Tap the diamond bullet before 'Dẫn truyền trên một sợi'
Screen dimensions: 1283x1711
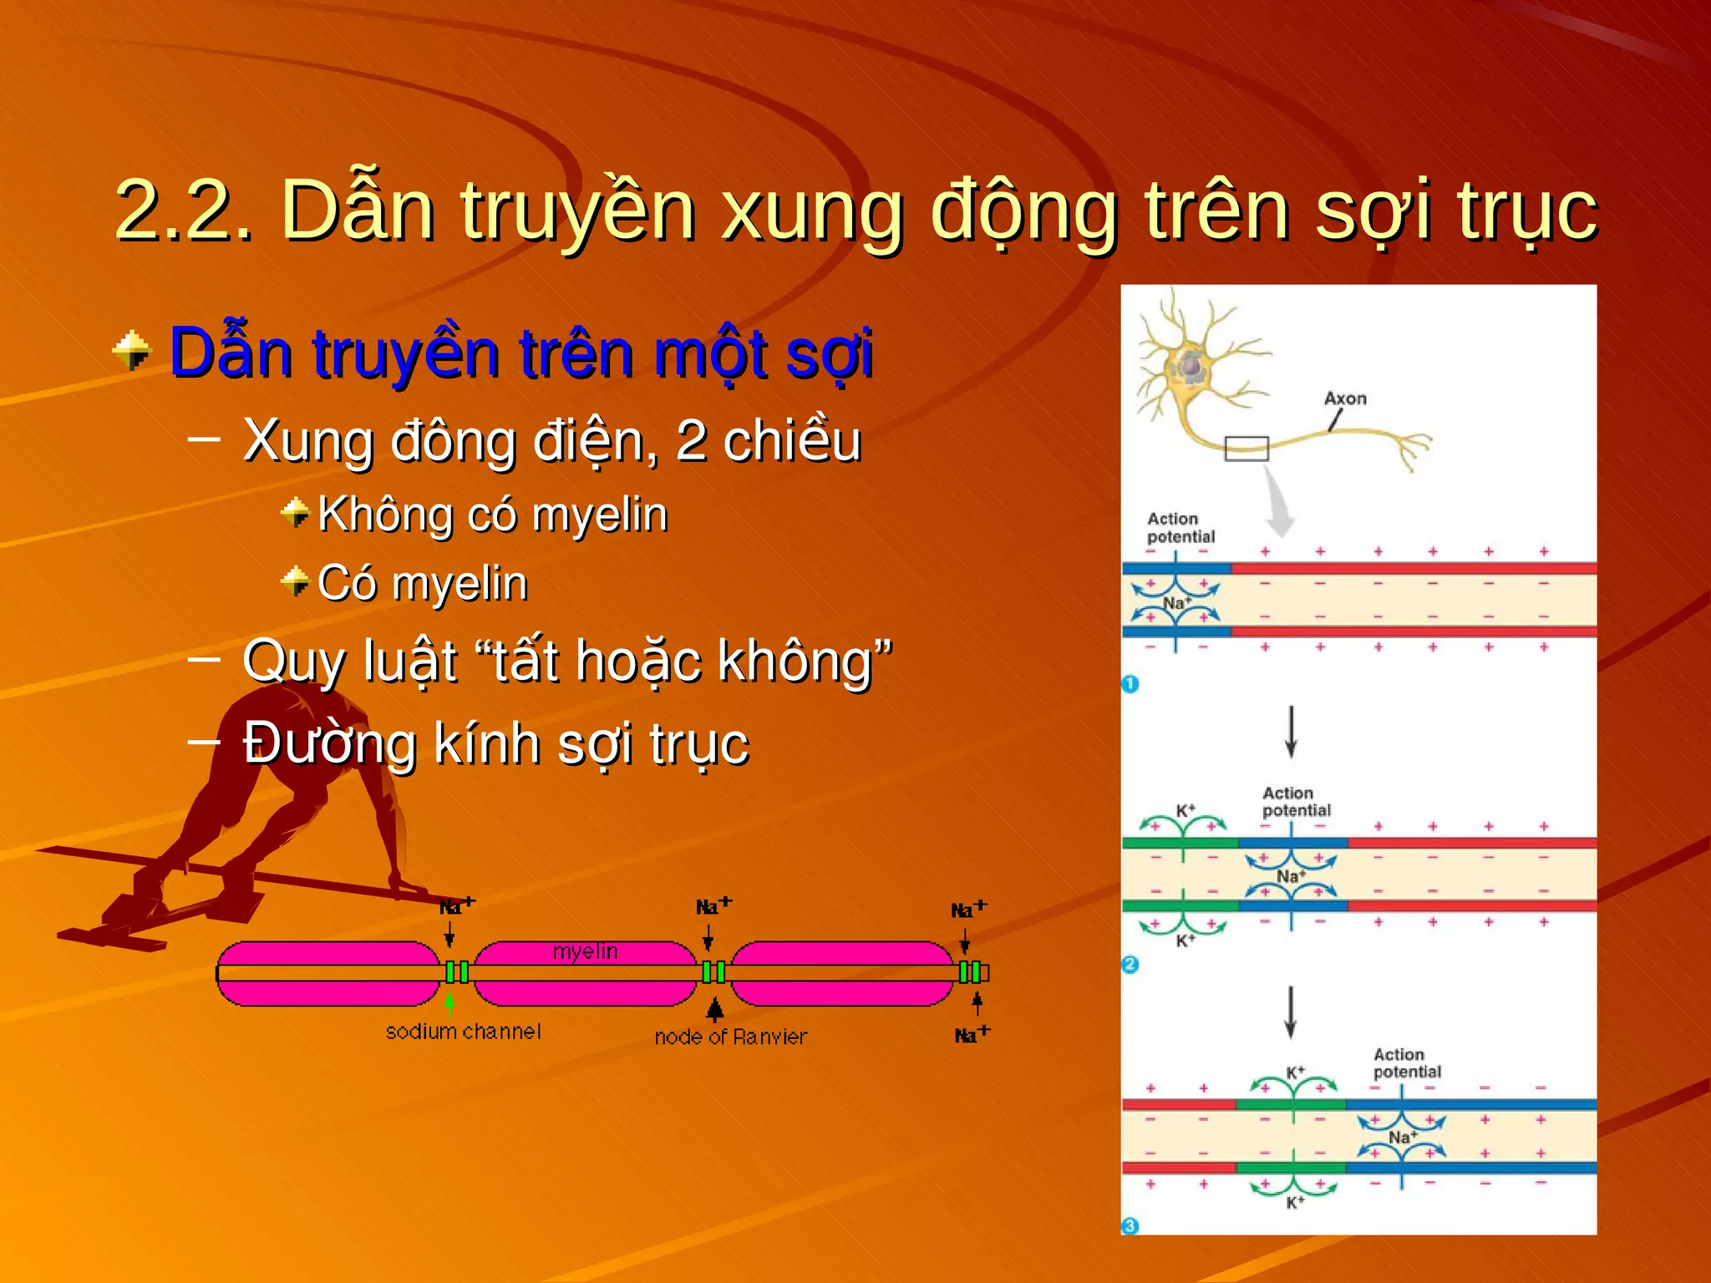point(131,351)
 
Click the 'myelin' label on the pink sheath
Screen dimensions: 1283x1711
point(585,951)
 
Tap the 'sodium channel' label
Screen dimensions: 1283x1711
point(463,1032)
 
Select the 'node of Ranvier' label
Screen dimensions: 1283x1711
point(730,1037)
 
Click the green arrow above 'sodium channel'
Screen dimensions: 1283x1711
point(449,1002)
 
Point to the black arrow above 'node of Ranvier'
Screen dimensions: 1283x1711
point(714,1009)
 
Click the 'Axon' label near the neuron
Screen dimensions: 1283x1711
point(1345,398)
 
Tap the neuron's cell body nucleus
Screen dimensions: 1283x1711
point(1190,366)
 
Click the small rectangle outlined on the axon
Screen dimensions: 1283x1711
point(1246,449)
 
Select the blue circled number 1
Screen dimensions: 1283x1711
point(1130,684)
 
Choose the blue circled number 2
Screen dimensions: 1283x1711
point(1130,965)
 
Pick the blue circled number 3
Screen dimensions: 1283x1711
point(1130,1225)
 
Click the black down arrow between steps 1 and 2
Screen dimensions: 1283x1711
point(1291,731)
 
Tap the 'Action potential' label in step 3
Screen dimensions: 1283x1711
point(1407,1062)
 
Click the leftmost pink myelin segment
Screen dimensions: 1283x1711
point(328,973)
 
